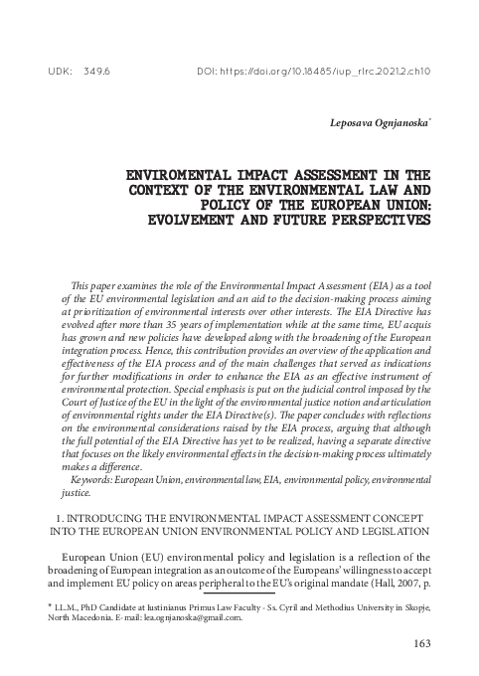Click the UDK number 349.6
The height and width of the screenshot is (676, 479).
[97, 72]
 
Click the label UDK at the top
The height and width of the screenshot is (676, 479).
[58, 72]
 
